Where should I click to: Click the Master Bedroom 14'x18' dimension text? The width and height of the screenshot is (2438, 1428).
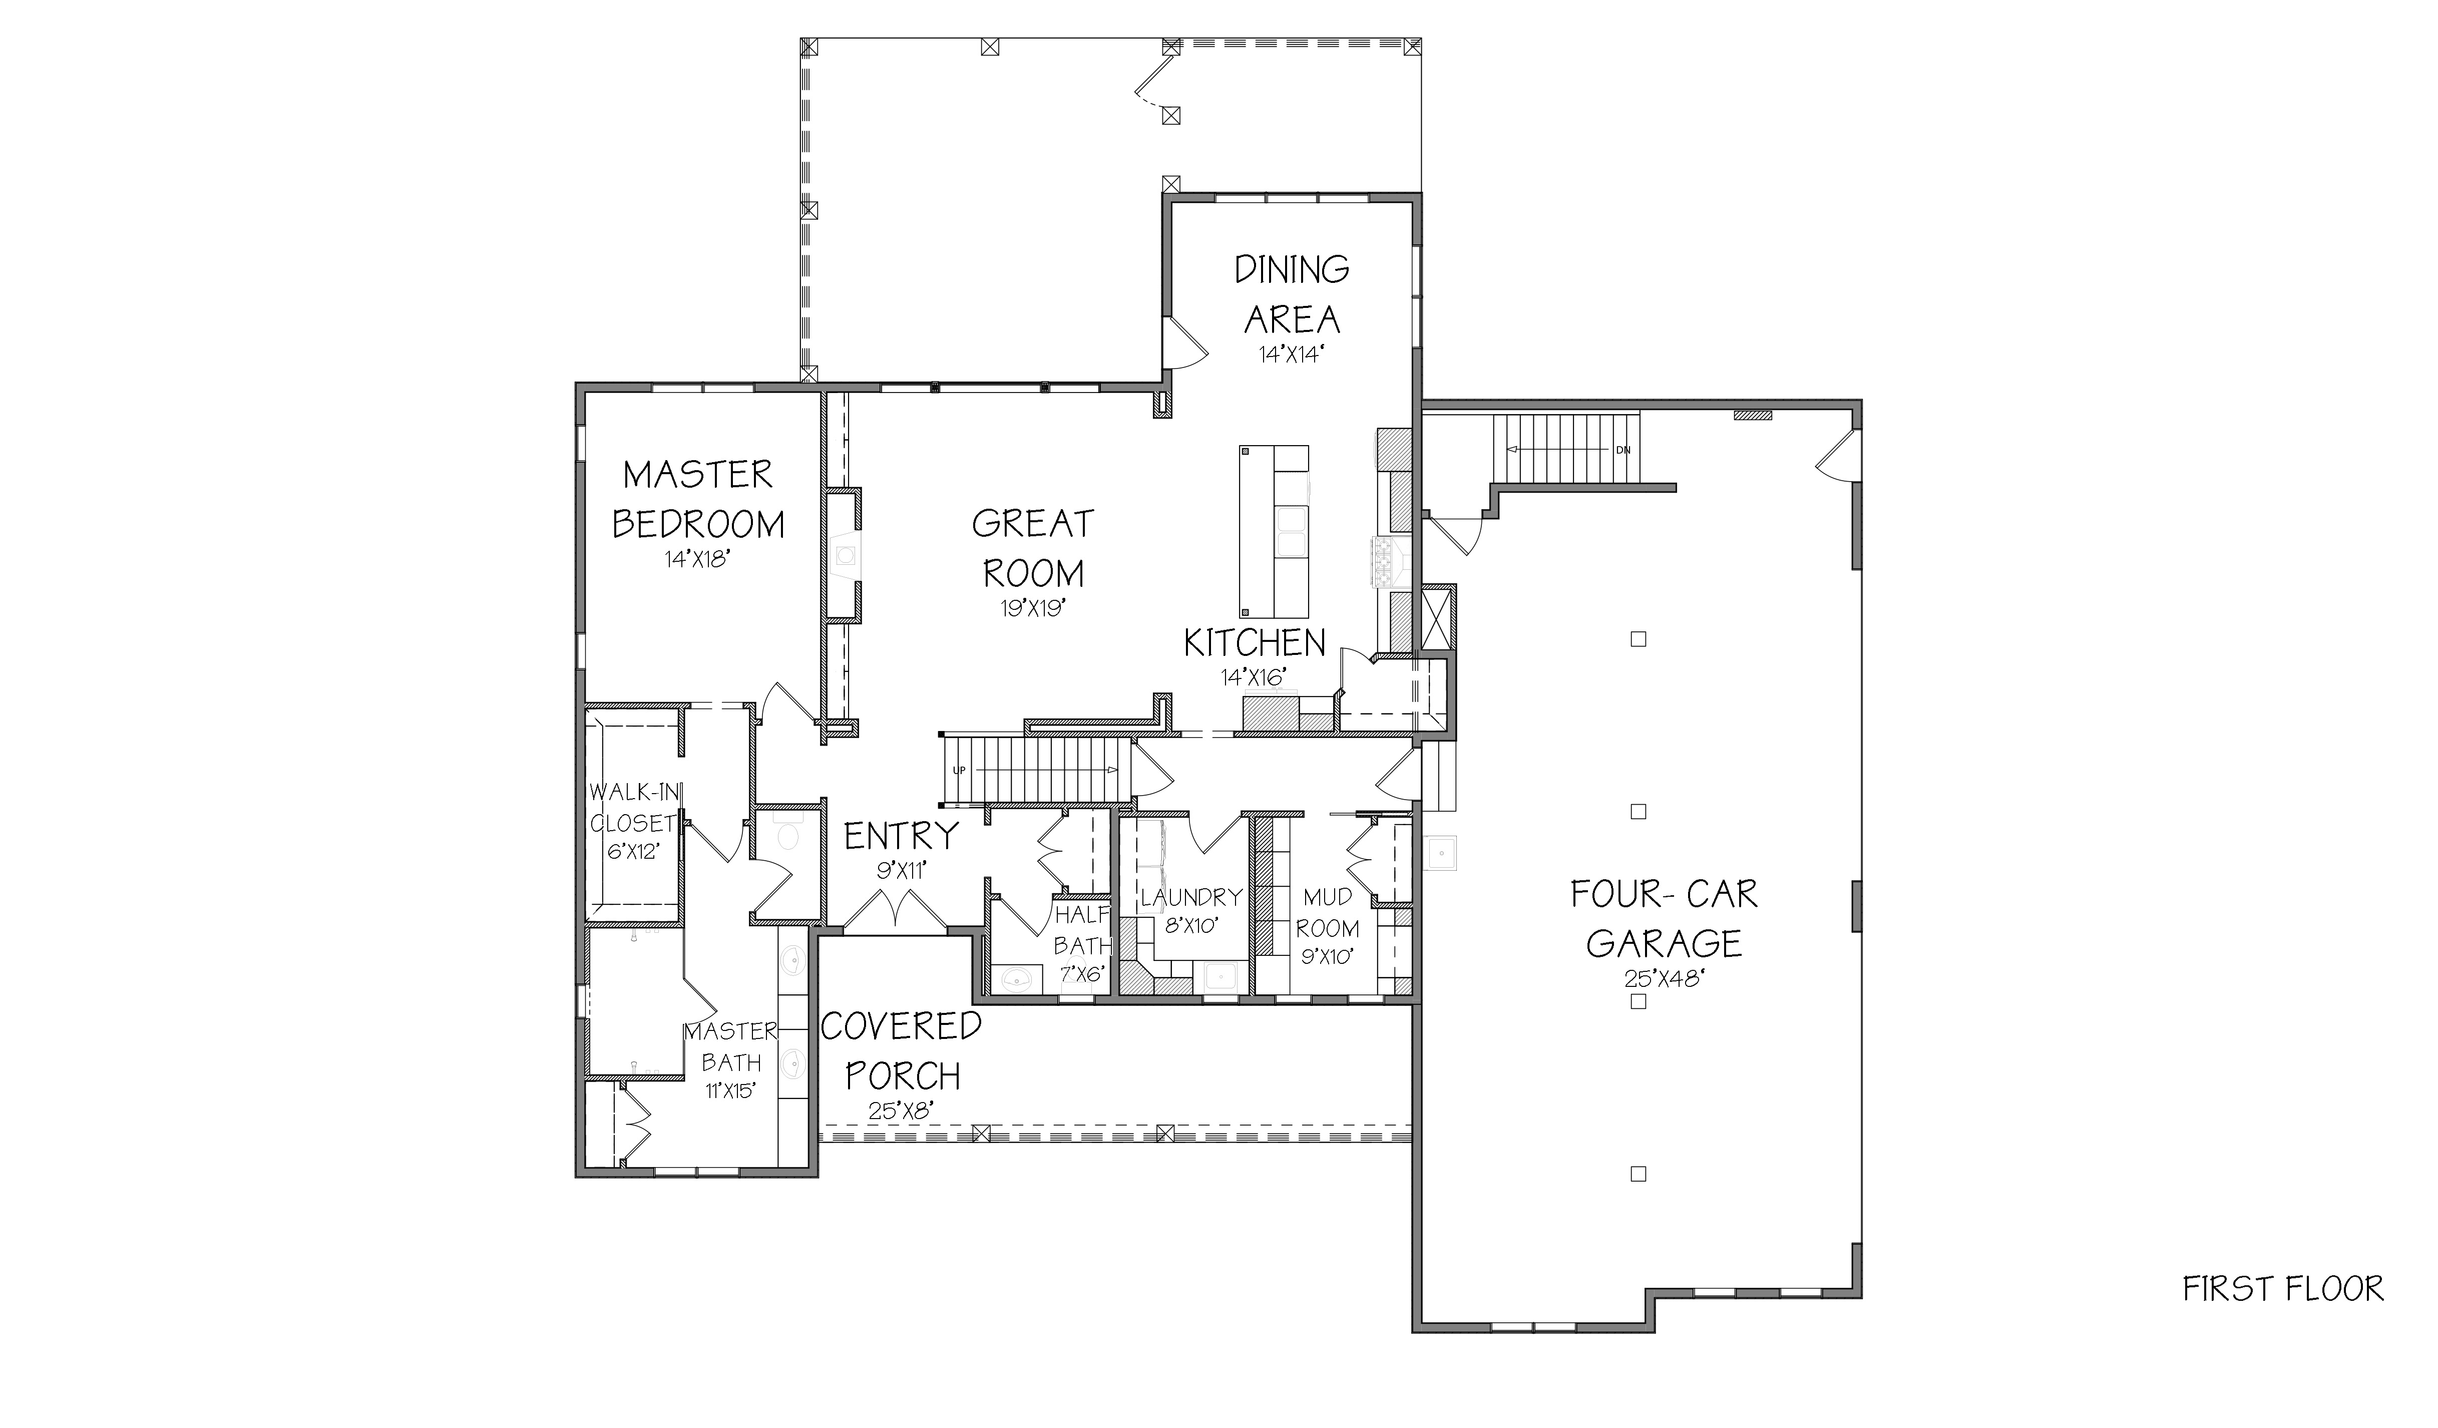695,559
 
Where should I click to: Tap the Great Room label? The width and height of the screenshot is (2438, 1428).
1033,548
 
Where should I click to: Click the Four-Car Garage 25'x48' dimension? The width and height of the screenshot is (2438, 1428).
1664,979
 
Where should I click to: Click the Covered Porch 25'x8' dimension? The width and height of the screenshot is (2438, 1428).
900,1111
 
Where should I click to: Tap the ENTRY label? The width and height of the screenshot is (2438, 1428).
901,835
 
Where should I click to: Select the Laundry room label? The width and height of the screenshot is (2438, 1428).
1190,897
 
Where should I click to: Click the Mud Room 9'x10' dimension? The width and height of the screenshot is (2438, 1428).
1327,958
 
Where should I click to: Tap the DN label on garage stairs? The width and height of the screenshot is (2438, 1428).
1622,450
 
